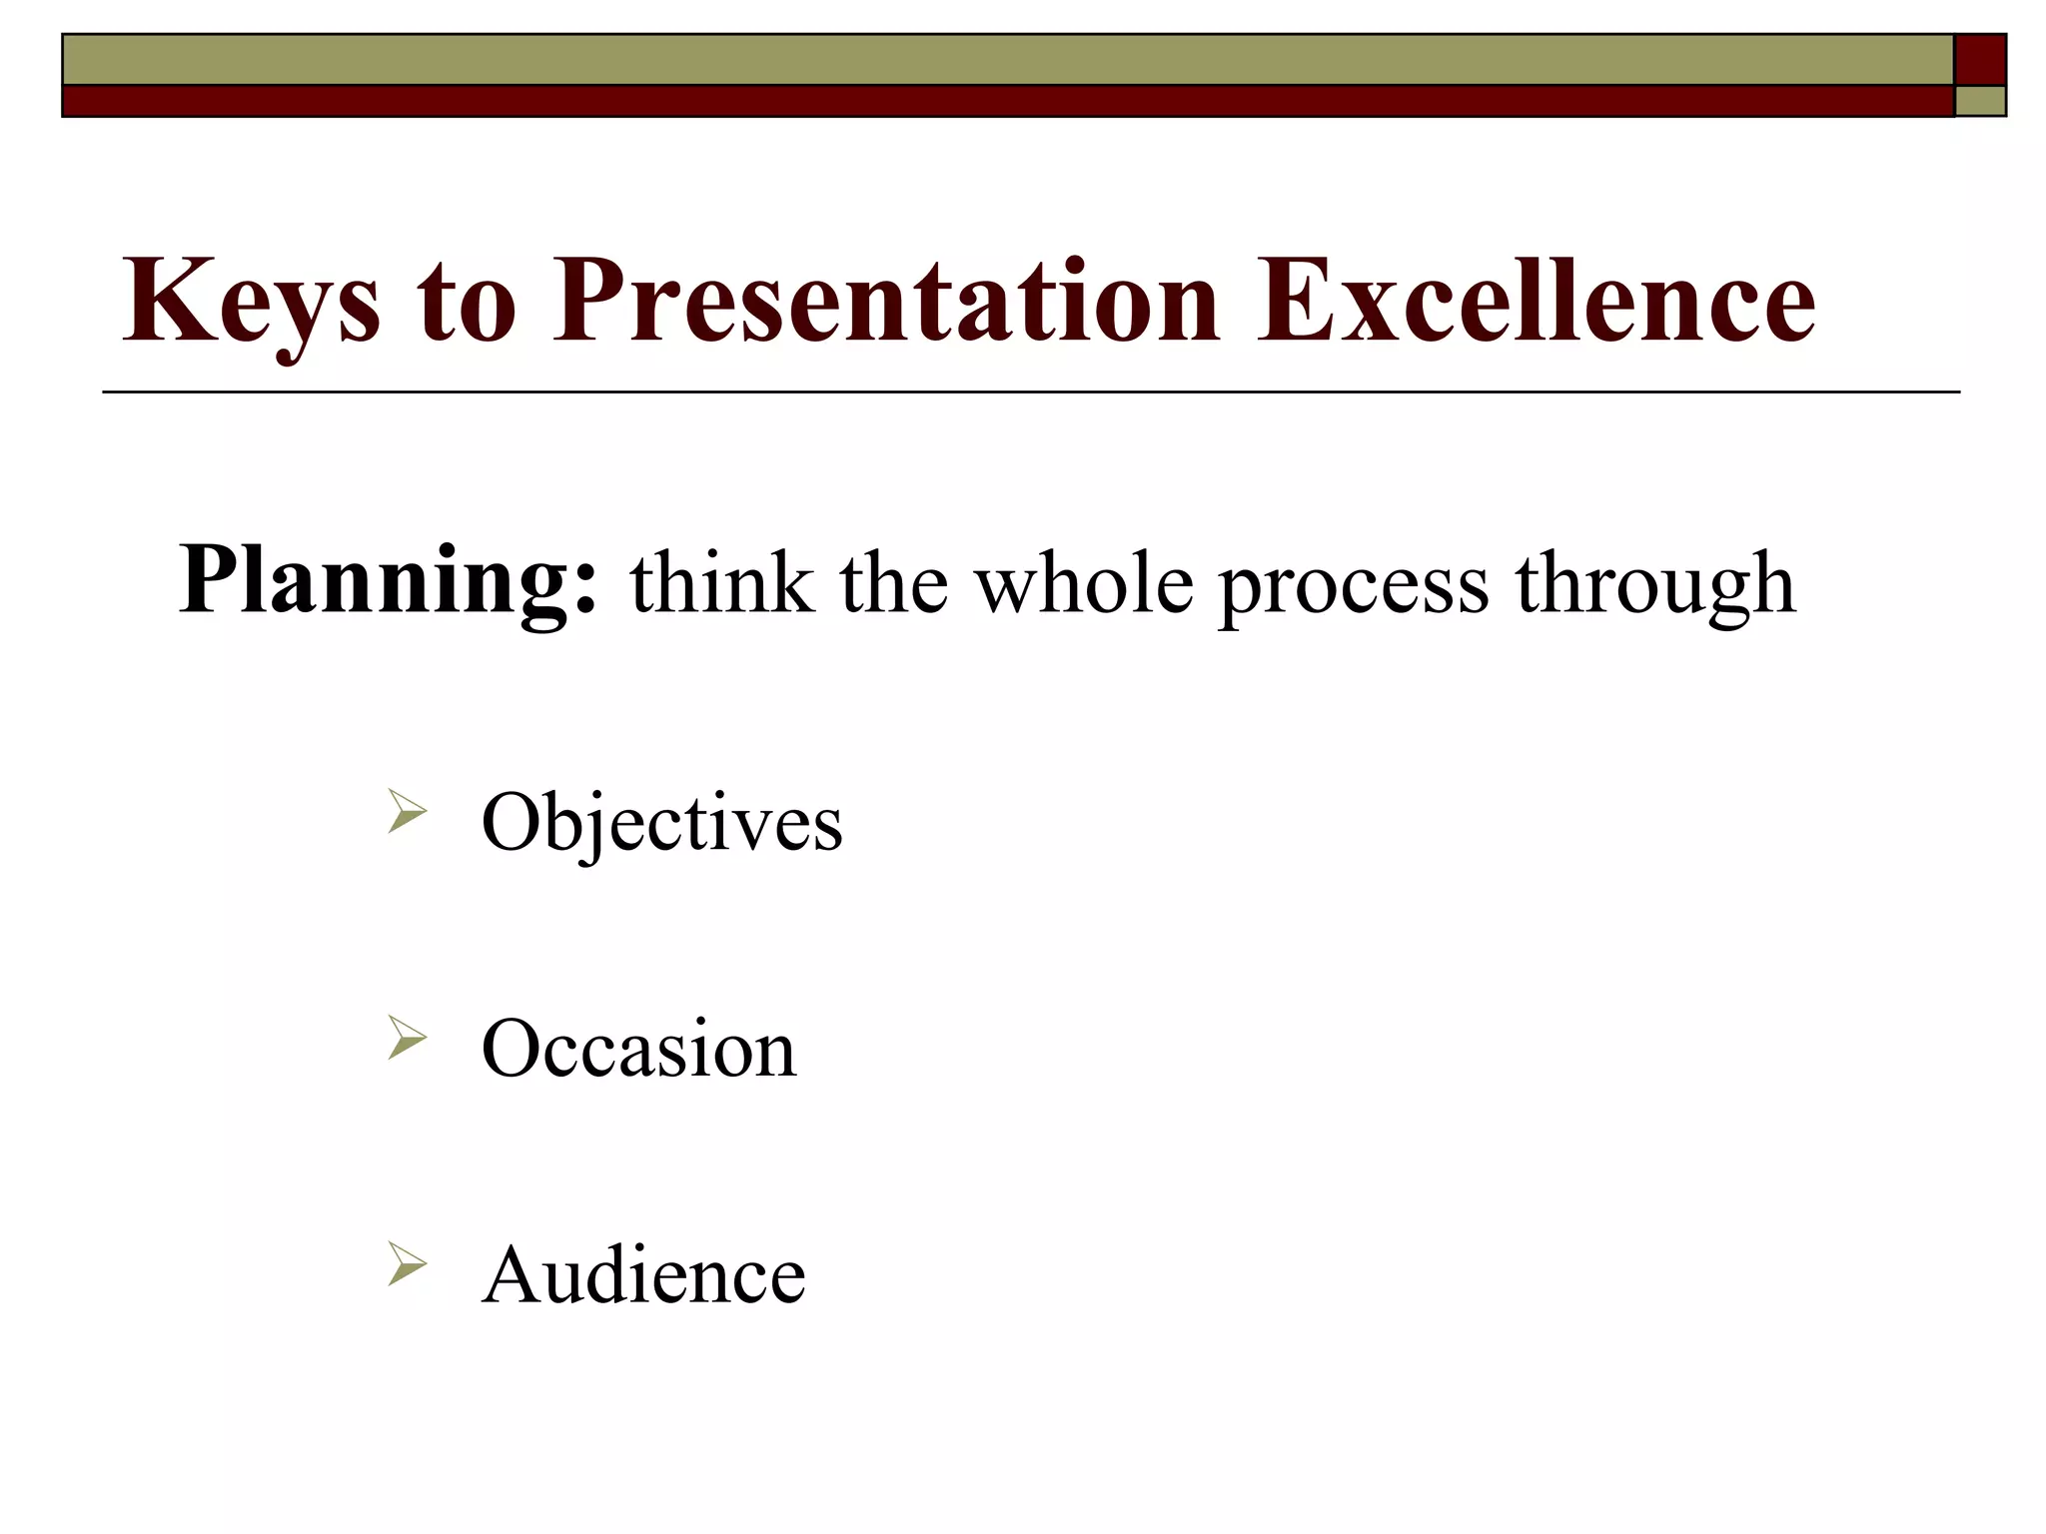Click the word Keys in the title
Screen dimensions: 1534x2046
tap(251, 303)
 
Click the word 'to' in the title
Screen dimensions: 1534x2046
tap(466, 303)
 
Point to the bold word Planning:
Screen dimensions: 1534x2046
tap(389, 582)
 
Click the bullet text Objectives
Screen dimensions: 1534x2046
tap(661, 824)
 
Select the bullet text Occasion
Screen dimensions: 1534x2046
tap(638, 1049)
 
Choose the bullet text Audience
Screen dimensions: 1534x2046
tap(643, 1275)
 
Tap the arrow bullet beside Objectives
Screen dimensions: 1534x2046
tap(407, 811)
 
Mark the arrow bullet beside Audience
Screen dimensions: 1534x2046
tap(407, 1264)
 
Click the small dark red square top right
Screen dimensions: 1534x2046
tap(1979, 60)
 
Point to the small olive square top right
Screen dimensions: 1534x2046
tap(1979, 101)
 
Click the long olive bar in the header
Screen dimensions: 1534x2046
tap(1007, 60)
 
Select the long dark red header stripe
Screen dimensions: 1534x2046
tap(1007, 101)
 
